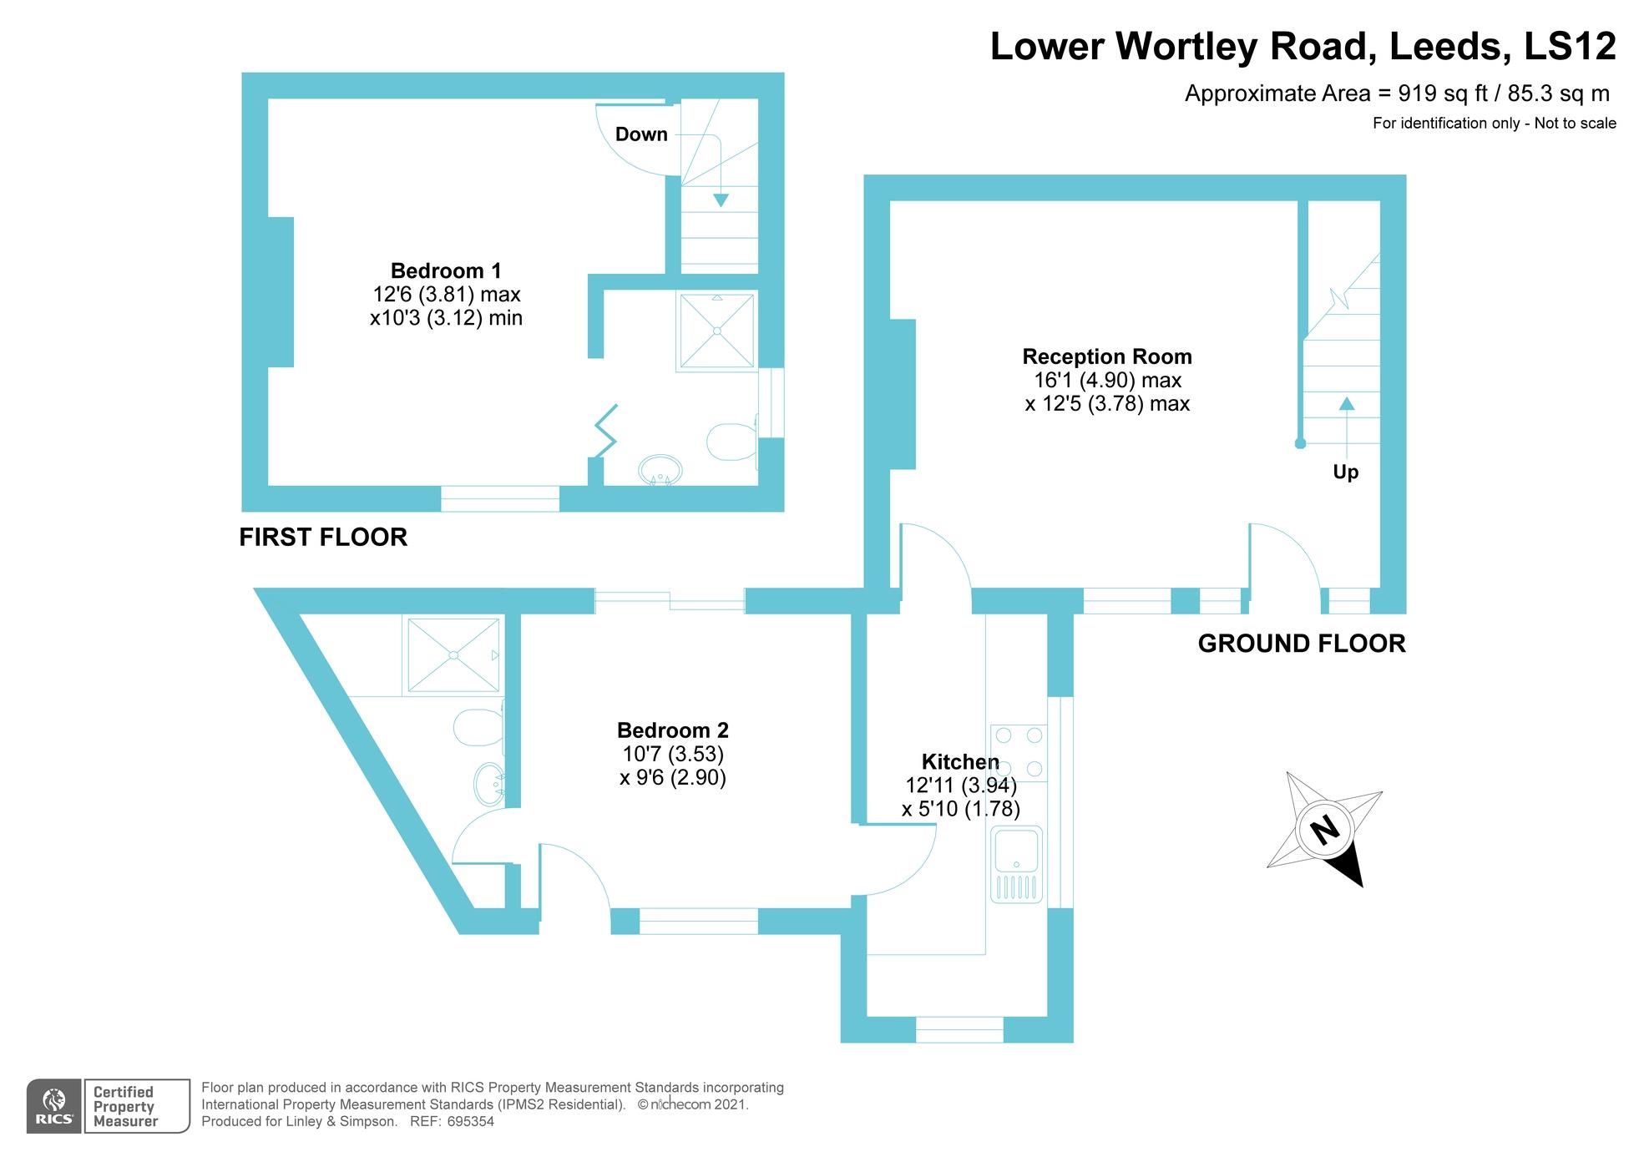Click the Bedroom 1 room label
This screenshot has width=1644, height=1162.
446,270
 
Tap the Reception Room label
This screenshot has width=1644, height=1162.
1106,356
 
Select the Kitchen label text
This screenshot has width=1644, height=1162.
959,761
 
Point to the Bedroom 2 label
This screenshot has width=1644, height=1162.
672,730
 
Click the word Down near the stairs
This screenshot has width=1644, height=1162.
641,134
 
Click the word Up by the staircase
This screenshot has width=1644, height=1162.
1345,472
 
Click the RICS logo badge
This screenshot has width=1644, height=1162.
55,1106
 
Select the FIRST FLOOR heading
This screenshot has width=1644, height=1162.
323,537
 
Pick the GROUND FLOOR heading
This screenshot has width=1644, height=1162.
1301,644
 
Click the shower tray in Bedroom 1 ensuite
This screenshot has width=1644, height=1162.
717,331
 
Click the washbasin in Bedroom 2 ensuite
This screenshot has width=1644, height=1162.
489,785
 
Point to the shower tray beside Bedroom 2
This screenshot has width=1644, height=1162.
453,656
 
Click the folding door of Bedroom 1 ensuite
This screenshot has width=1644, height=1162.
606,431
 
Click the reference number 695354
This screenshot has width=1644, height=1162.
470,1122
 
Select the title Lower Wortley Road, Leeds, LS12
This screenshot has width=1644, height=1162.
1302,46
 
